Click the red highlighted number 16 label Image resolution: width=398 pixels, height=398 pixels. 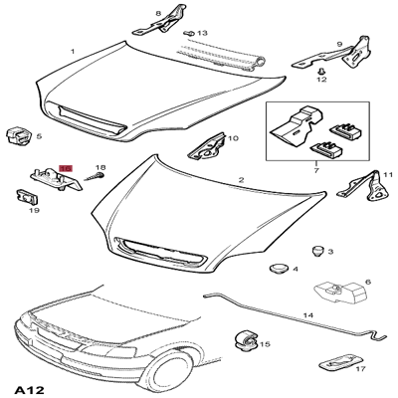(66, 169)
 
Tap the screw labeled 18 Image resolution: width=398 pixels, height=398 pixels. (91, 177)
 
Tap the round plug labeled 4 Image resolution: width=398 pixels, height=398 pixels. (277, 268)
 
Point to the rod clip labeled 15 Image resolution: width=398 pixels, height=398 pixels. (243, 340)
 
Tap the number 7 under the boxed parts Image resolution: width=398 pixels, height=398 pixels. (315, 170)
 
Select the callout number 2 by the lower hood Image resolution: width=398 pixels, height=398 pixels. (241, 180)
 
